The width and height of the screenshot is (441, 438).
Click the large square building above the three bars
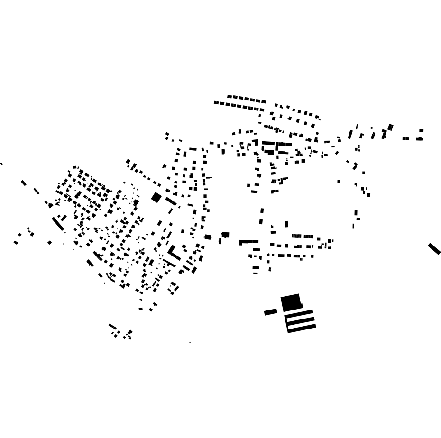point(290,302)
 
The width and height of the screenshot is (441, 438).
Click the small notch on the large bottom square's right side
point(301,306)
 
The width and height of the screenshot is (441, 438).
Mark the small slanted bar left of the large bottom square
point(270,312)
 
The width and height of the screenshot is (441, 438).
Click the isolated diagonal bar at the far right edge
point(434,248)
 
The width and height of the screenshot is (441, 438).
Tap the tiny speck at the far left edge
point(1,164)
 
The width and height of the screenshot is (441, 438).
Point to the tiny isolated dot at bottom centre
point(190,342)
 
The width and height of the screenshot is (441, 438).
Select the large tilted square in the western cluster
point(156,197)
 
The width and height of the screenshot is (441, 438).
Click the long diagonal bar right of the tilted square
point(171,201)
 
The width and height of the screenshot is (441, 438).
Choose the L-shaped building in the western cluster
point(174,253)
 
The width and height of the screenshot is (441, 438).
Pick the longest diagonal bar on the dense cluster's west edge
point(58,224)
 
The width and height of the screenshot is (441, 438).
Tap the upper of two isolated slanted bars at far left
point(24,183)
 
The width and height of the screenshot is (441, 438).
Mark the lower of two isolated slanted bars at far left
point(37,191)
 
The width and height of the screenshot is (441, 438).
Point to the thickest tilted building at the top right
point(390,127)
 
